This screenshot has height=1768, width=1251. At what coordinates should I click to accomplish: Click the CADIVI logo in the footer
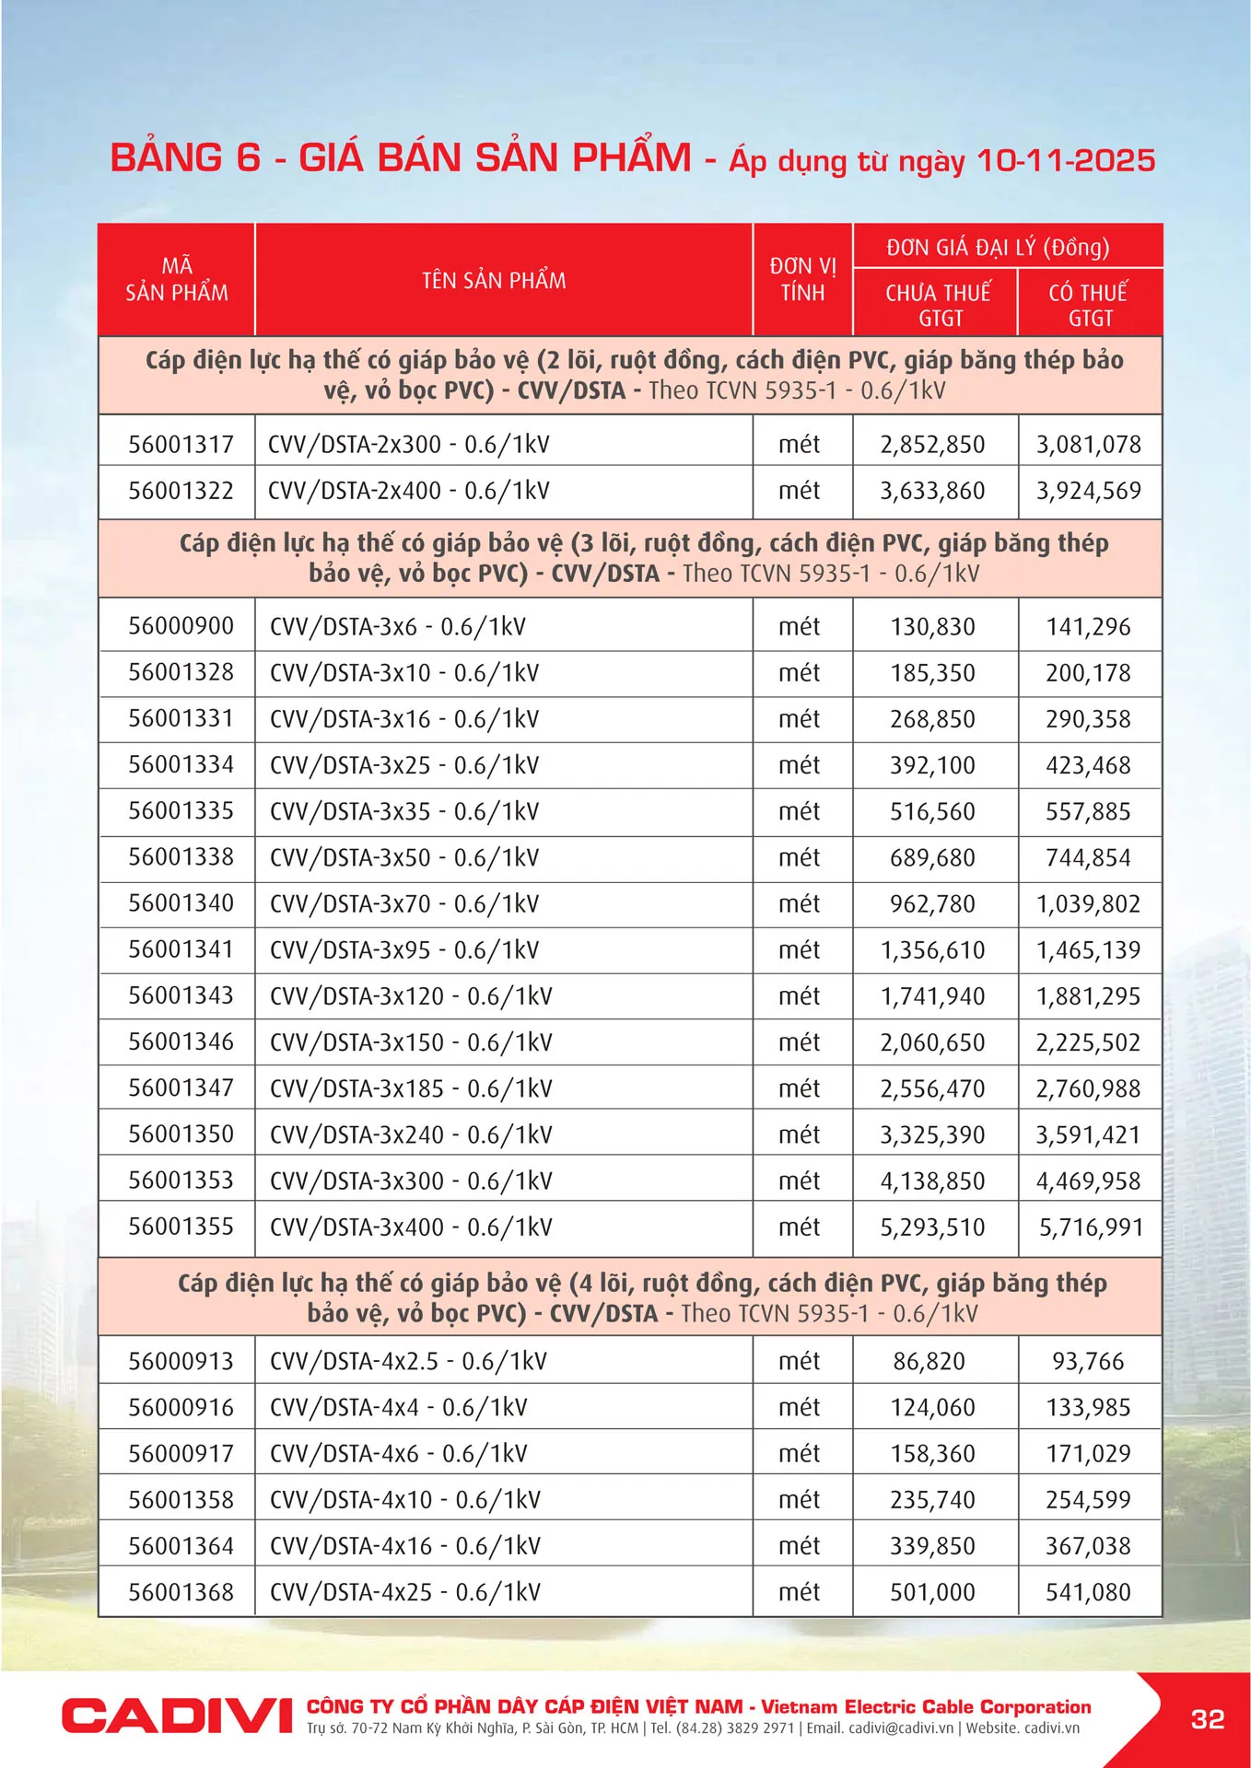[177, 1716]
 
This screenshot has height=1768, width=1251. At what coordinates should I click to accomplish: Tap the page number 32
[1207, 1719]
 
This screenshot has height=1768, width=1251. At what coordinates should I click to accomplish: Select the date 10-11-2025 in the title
[1066, 160]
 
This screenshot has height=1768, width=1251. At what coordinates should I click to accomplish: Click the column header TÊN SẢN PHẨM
[494, 280]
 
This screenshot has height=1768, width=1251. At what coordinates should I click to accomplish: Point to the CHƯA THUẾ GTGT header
[938, 305]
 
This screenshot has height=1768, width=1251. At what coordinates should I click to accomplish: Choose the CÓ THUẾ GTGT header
[1089, 305]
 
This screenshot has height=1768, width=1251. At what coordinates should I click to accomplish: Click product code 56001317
[181, 445]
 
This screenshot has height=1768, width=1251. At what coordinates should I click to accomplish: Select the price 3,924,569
[1089, 491]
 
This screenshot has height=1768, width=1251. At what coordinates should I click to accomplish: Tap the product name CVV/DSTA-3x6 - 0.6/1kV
[397, 627]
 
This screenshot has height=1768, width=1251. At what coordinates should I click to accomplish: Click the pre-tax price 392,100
[932, 765]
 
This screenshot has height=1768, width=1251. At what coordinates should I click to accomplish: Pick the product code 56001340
[181, 903]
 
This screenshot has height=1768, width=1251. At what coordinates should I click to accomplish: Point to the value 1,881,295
[1088, 996]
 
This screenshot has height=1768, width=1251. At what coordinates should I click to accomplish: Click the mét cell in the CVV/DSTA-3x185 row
[799, 1088]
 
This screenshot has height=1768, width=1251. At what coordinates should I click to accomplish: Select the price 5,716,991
[1091, 1227]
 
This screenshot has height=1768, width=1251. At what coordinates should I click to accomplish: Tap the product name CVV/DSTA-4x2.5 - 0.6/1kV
[408, 1361]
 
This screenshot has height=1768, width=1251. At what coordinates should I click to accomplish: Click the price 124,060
[932, 1407]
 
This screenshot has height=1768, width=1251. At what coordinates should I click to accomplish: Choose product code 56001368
[181, 1592]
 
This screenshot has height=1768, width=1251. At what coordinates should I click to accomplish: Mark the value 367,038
[1088, 1546]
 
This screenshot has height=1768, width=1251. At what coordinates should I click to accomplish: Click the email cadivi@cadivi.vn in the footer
[901, 1728]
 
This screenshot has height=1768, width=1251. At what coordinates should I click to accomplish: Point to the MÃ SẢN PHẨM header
[177, 279]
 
